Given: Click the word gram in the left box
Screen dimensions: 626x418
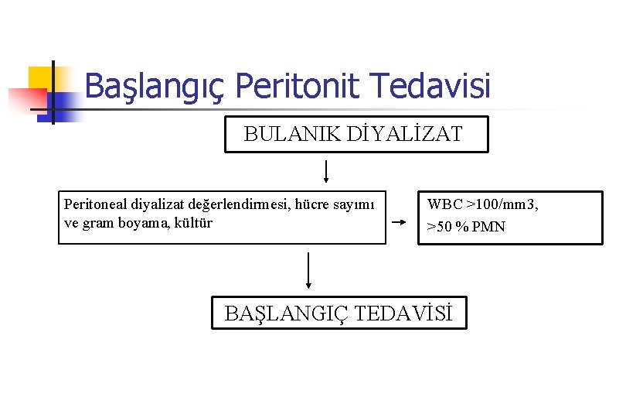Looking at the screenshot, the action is point(97,224).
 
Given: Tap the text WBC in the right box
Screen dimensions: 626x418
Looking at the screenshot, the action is point(445,205).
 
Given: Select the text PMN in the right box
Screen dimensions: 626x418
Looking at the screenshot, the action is point(488,227).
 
